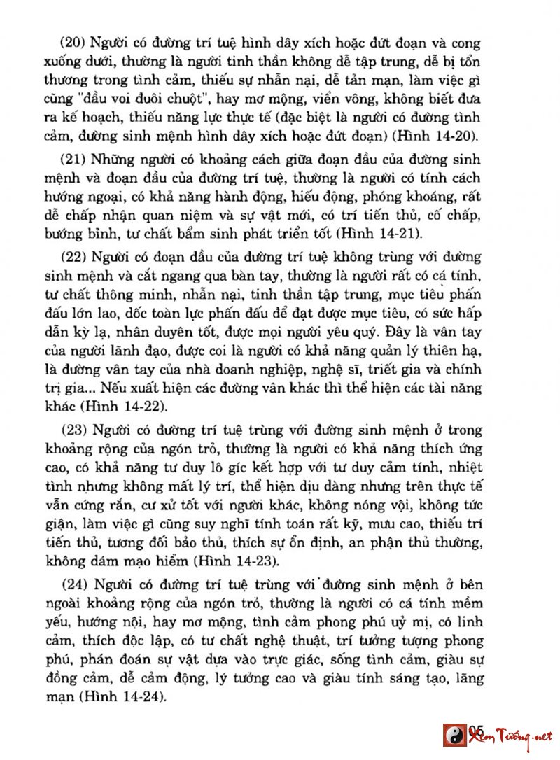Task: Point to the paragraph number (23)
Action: point(73,429)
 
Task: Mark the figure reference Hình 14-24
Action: point(122,696)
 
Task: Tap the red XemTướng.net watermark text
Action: point(511,736)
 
